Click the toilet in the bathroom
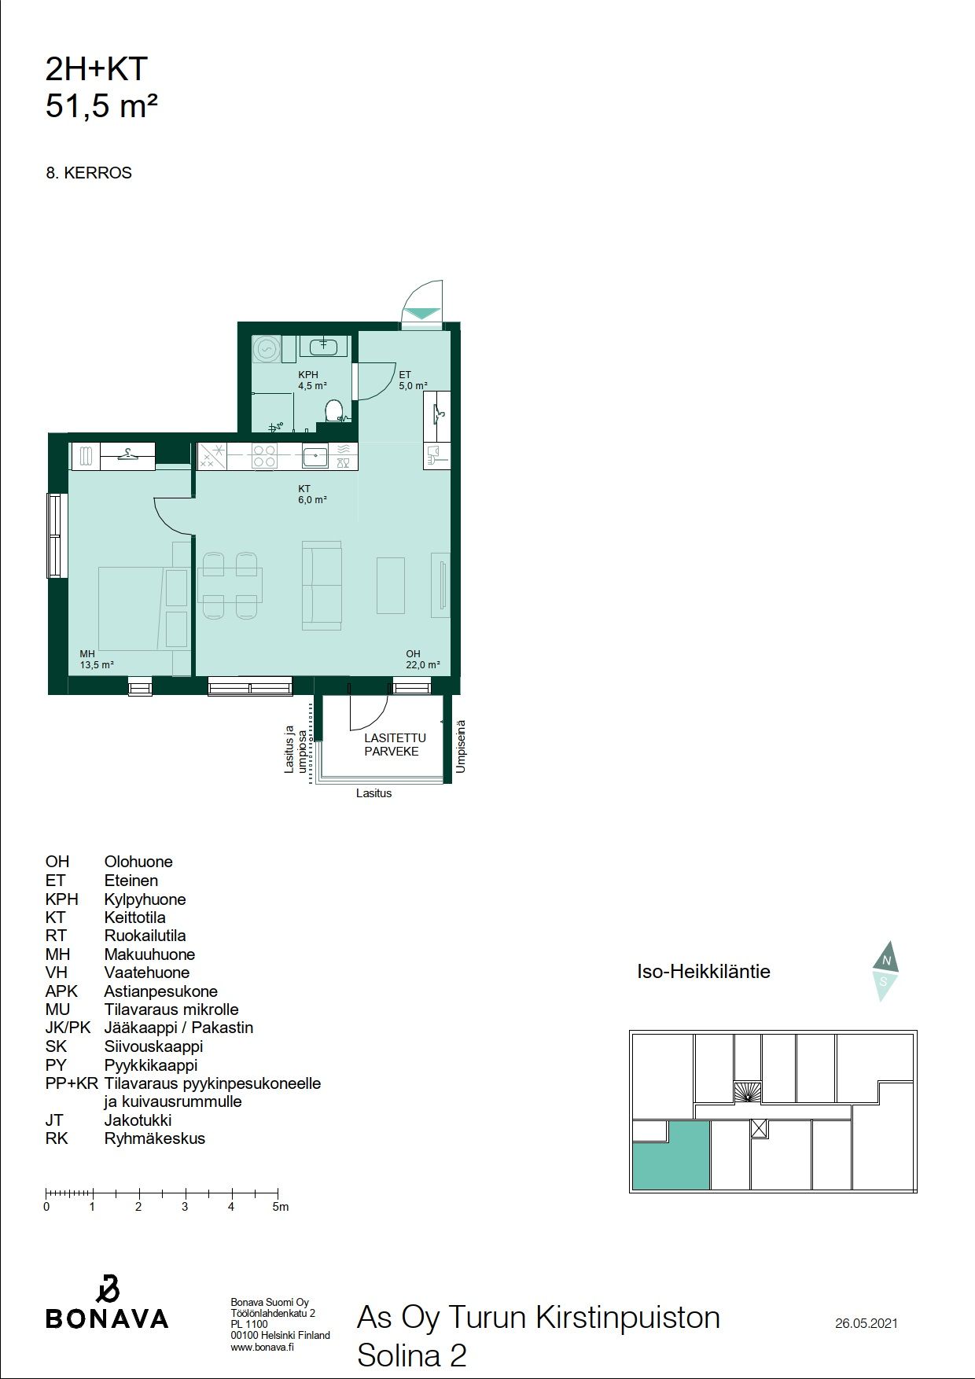(335, 410)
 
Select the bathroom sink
(323, 345)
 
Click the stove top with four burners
(264, 457)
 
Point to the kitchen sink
(315, 456)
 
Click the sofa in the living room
(322, 584)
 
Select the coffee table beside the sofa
(390, 585)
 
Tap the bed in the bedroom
(144, 608)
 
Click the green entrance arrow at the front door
(422, 312)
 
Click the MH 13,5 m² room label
(97, 659)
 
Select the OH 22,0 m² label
(423, 659)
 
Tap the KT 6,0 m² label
(312, 494)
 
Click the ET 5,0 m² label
(414, 381)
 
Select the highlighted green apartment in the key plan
(671, 1156)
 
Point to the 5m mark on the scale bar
(278, 1193)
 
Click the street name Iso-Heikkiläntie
(704, 971)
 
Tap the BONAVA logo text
(107, 1318)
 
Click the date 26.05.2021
(866, 1323)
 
